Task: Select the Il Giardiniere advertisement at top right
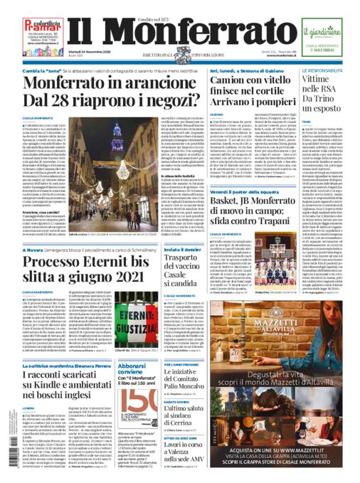click(x=321, y=31)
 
